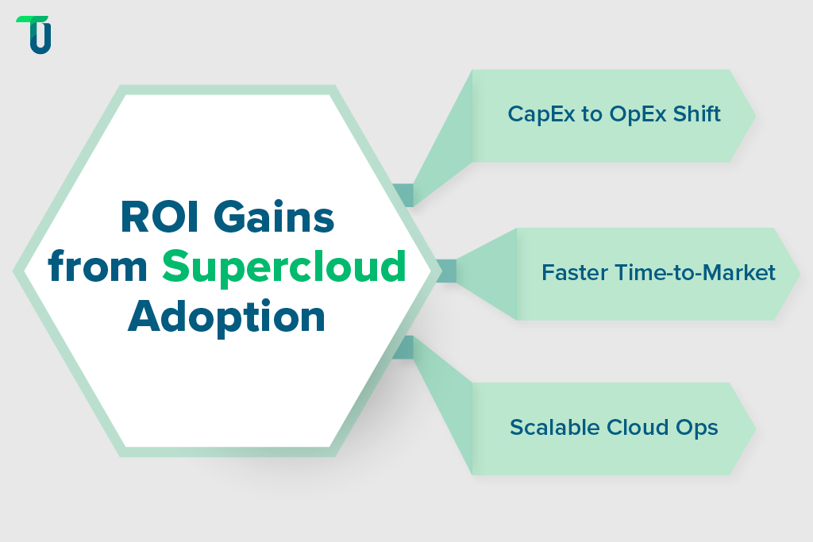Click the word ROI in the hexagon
coord(156,217)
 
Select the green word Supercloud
coord(284,268)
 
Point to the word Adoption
coord(226,317)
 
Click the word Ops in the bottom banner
coord(696,428)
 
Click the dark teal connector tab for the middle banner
coord(445,271)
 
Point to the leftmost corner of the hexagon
coord(15,271)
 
